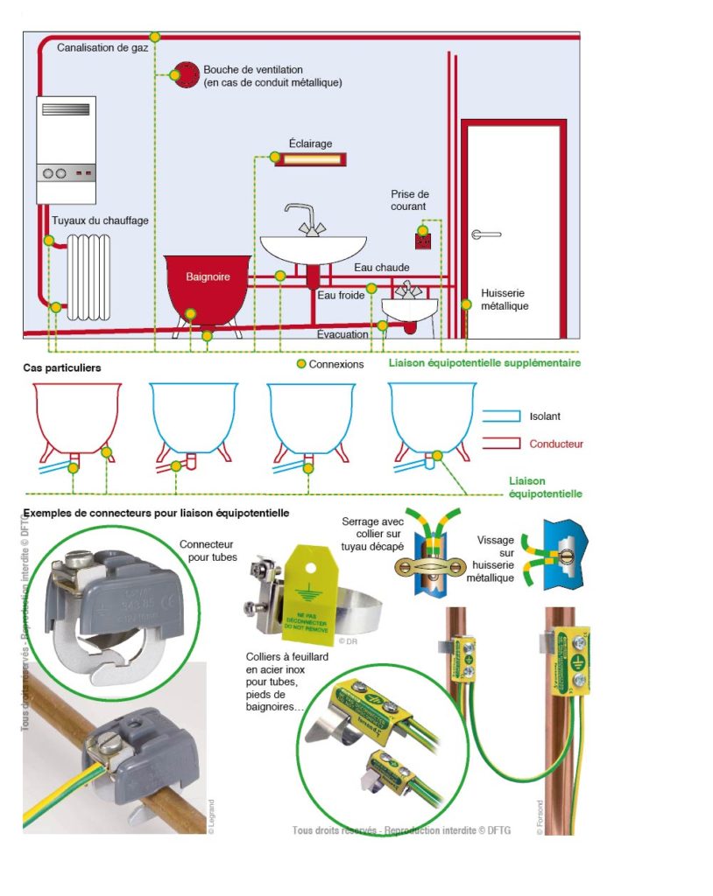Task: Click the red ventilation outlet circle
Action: pyautogui.click(x=186, y=74)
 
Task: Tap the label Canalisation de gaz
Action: pyautogui.click(x=103, y=47)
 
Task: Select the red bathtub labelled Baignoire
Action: pyautogui.click(x=208, y=284)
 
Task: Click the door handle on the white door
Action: pyautogui.click(x=484, y=234)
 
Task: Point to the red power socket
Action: pyautogui.click(x=424, y=237)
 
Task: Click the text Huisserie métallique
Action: pyautogui.click(x=505, y=300)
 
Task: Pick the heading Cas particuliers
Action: pyautogui.click(x=61, y=367)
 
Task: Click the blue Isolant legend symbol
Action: pyautogui.click(x=500, y=416)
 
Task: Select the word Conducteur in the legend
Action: pyautogui.click(x=555, y=444)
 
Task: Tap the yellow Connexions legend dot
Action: pyautogui.click(x=301, y=363)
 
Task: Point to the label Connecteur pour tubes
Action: pyautogui.click(x=208, y=550)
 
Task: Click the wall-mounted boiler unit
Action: pyautogui.click(x=67, y=149)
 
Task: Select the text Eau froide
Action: pyautogui.click(x=341, y=296)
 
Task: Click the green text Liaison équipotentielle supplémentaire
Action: pyautogui.click(x=484, y=362)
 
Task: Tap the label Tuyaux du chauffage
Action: pyautogui.click(x=99, y=220)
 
